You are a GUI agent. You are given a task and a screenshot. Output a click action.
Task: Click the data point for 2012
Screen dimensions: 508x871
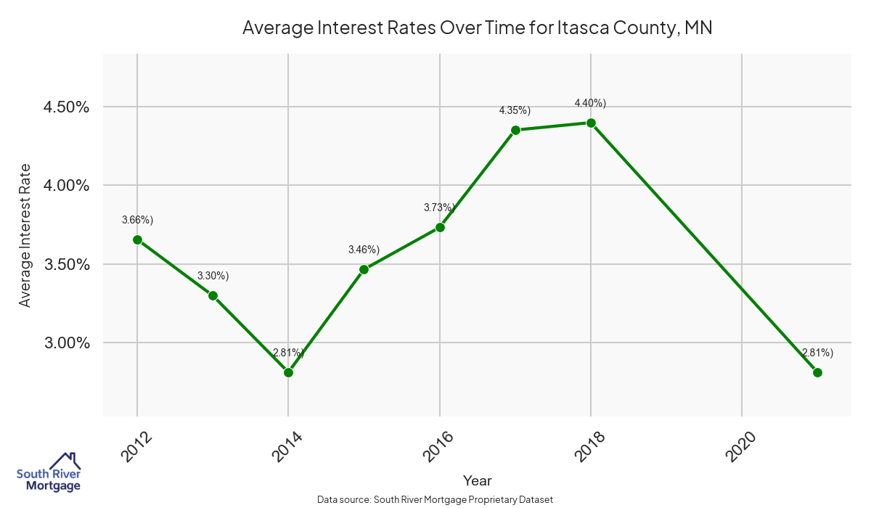[x=137, y=239]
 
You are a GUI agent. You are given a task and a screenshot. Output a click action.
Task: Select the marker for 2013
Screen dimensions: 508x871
[x=213, y=295]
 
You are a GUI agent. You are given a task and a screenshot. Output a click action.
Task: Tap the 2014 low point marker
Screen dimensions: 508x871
[x=288, y=372]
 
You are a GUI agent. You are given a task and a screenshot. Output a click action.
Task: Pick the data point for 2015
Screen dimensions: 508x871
[x=364, y=269]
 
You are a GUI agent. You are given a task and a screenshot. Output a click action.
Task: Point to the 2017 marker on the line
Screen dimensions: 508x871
[x=515, y=130]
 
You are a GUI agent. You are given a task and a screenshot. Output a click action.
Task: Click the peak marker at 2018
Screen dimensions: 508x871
[x=591, y=123]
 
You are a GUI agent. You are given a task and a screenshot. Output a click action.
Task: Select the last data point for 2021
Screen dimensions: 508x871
[x=817, y=372]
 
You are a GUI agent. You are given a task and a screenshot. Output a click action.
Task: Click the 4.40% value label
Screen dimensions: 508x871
[x=590, y=103]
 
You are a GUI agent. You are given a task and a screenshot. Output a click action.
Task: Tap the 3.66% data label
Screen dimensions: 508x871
[x=137, y=220]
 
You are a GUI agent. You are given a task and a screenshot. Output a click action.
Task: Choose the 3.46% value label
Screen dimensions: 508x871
[x=364, y=250]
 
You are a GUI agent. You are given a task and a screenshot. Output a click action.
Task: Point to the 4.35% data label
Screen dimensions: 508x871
[x=515, y=110]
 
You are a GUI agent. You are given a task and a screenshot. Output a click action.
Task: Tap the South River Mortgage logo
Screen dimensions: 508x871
[x=49, y=472]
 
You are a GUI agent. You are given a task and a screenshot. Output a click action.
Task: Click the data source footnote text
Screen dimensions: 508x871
[x=435, y=499]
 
